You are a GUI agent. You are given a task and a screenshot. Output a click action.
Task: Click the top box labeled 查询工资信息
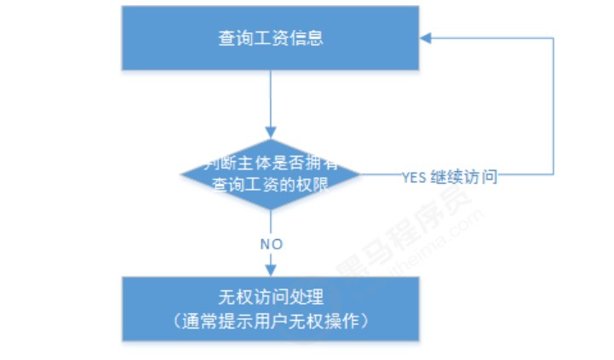pyautogui.click(x=271, y=38)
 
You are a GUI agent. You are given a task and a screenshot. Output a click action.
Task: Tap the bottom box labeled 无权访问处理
pyautogui.click(x=271, y=308)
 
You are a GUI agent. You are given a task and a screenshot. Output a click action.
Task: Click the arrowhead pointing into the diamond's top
pyautogui.click(x=271, y=133)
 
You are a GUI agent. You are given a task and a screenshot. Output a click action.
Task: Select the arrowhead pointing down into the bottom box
pyautogui.click(x=271, y=271)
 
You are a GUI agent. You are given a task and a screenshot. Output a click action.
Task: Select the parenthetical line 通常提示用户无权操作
pyautogui.click(x=271, y=321)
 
